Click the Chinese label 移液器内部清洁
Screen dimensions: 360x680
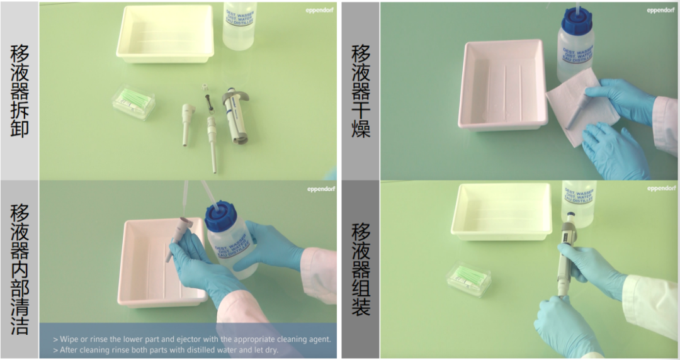pos(20,269)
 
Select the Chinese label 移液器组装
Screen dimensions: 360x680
pos(361,269)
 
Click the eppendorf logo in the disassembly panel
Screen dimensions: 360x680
pos(320,9)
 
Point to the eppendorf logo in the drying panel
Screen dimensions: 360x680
pos(660,9)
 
